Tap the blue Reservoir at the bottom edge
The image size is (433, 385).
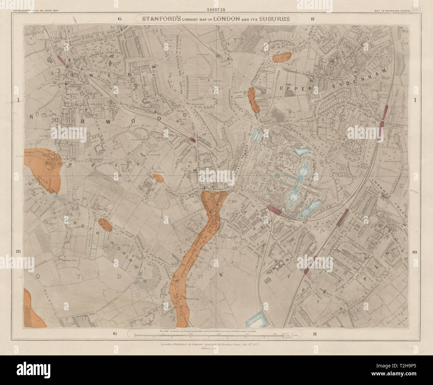click(x=256, y=320)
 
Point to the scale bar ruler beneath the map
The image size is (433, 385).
click(x=216, y=336)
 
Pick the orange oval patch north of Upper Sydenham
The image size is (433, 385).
click(x=281, y=57)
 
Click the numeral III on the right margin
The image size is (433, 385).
click(x=415, y=253)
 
